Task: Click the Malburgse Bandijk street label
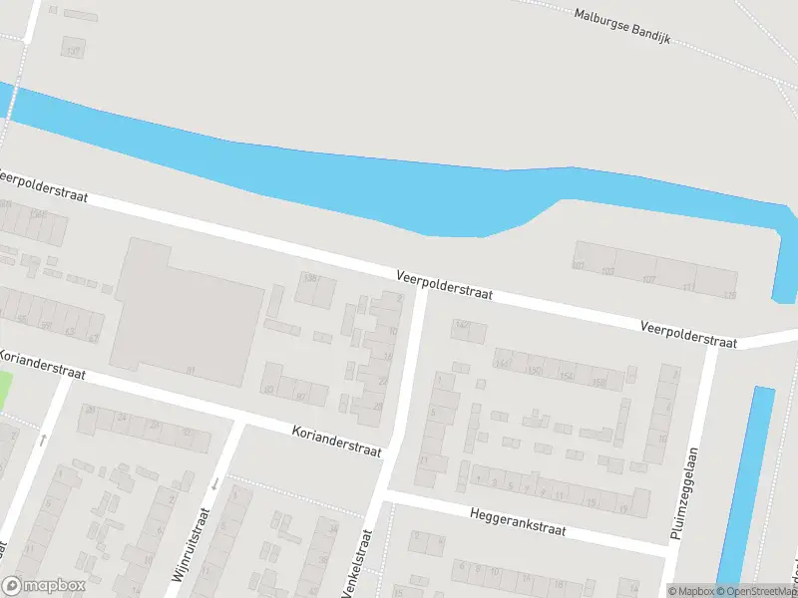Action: point(621,27)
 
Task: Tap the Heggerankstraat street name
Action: point(516,522)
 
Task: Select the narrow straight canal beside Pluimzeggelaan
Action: point(744,488)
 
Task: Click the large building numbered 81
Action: point(190,314)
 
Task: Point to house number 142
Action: point(461,325)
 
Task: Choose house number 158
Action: point(598,383)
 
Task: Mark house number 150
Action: point(536,370)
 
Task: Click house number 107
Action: point(649,279)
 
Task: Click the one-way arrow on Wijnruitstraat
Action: point(214,484)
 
